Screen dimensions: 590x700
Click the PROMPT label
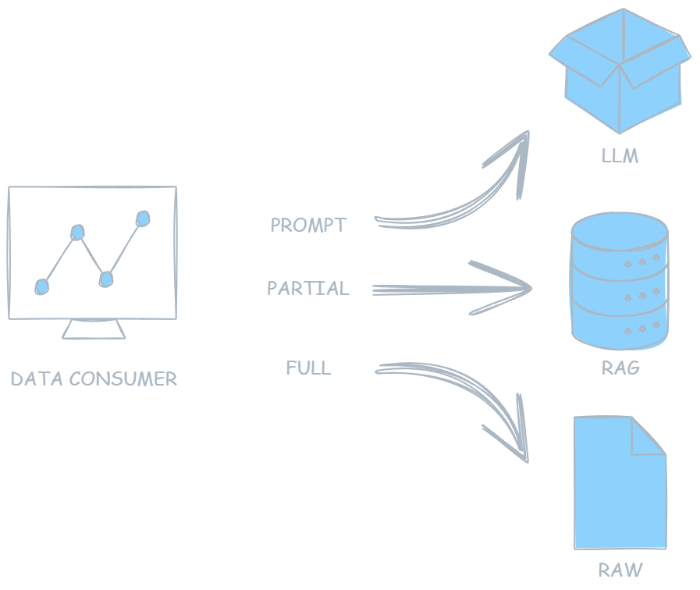pyautogui.click(x=307, y=226)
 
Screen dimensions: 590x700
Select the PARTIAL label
pyautogui.click(x=307, y=289)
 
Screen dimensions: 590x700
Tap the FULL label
pyautogui.click(x=308, y=368)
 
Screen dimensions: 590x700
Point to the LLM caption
pyautogui.click(x=620, y=156)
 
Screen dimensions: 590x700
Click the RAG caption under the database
pyautogui.click(x=620, y=368)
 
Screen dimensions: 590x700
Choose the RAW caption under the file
pyautogui.click(x=620, y=570)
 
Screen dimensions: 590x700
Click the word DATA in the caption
pyautogui.click(x=37, y=379)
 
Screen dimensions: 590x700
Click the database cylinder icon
pyautogui.click(x=620, y=281)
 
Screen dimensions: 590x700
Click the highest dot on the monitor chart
pyautogui.click(x=142, y=218)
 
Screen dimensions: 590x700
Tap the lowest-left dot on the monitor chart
pyautogui.click(x=41, y=287)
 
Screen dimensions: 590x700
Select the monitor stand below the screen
pyautogui.click(x=94, y=330)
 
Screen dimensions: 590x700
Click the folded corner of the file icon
pyautogui.click(x=649, y=434)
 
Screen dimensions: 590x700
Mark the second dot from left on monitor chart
pyautogui.click(x=76, y=232)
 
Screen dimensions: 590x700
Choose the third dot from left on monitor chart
pyautogui.click(x=106, y=279)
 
